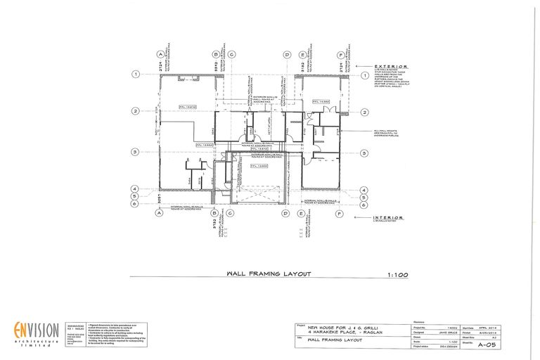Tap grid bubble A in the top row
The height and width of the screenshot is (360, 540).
pos(160,54)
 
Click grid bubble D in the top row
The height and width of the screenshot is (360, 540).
pos(286,54)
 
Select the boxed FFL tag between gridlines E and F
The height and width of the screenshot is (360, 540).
pos(323,103)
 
